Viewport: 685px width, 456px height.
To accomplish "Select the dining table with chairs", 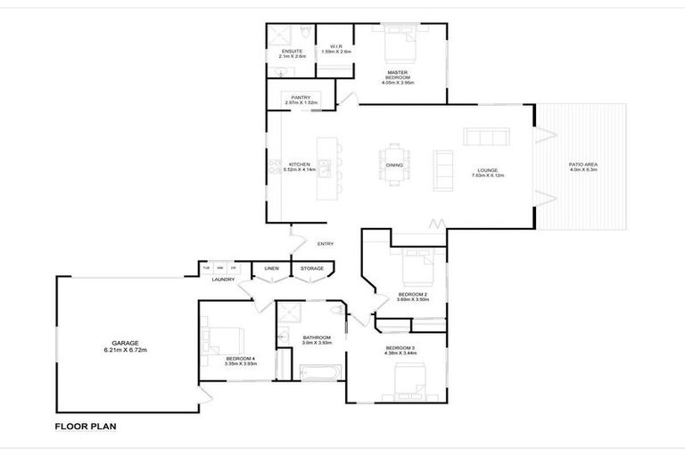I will (394, 164).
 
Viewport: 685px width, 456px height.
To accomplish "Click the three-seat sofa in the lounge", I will (486, 136).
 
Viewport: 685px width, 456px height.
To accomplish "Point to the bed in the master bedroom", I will (398, 41).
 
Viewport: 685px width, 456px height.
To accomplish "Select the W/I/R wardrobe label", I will (336, 46).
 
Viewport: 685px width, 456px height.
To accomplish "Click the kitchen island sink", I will (326, 165).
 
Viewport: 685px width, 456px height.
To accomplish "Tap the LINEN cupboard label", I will (270, 268).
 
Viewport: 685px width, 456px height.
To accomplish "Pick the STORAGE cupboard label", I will (311, 268).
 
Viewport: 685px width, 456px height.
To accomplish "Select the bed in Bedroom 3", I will (409, 381).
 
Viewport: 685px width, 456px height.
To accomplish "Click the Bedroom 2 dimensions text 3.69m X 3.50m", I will (413, 300).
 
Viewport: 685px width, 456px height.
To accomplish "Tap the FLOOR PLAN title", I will (86, 427).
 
